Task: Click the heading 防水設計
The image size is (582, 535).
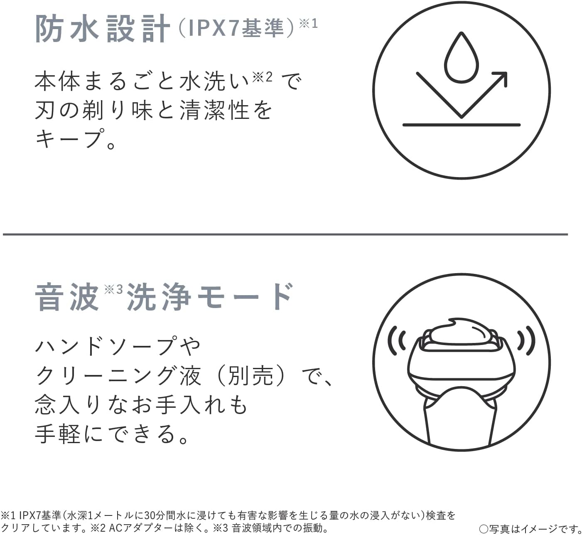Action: [x=103, y=28]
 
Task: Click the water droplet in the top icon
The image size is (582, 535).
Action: [x=461, y=57]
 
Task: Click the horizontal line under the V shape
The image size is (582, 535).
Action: [x=461, y=125]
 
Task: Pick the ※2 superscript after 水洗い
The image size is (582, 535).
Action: [x=263, y=76]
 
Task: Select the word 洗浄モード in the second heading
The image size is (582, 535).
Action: [x=209, y=297]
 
